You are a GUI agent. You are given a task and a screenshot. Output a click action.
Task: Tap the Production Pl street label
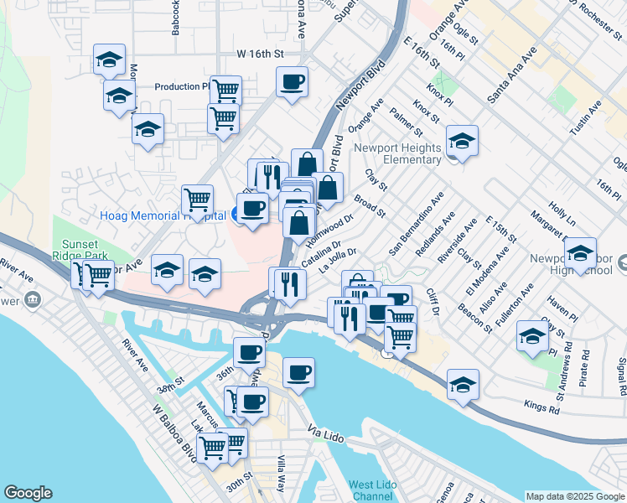(182, 86)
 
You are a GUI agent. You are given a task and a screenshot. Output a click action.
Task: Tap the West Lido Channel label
(373, 490)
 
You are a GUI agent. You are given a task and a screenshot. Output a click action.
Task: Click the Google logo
(28, 493)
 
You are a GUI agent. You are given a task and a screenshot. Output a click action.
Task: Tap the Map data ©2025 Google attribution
(574, 496)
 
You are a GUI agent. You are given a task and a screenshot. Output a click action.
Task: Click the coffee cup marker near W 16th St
(292, 82)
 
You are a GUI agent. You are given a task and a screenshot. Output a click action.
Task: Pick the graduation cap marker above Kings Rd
(462, 385)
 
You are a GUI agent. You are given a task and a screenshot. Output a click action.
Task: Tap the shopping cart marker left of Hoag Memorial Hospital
(197, 201)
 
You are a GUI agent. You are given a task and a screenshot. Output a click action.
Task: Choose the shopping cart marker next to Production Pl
(225, 91)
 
